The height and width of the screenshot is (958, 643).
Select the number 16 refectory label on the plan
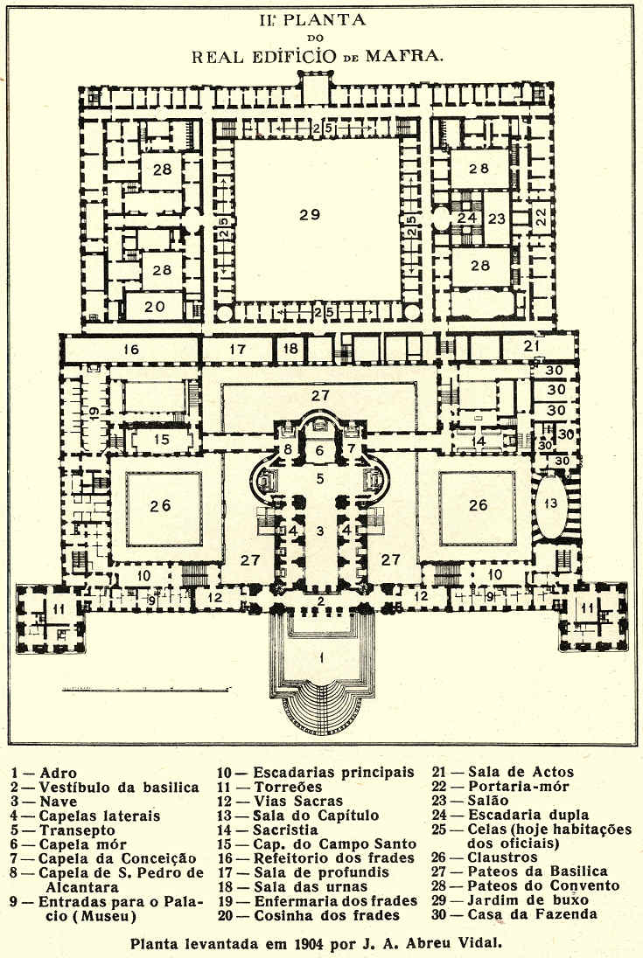tap(132, 350)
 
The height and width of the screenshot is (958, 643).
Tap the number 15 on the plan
tap(161, 439)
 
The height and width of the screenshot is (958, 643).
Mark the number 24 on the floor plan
tap(467, 218)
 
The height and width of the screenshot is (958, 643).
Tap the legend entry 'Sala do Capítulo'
tap(316, 816)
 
